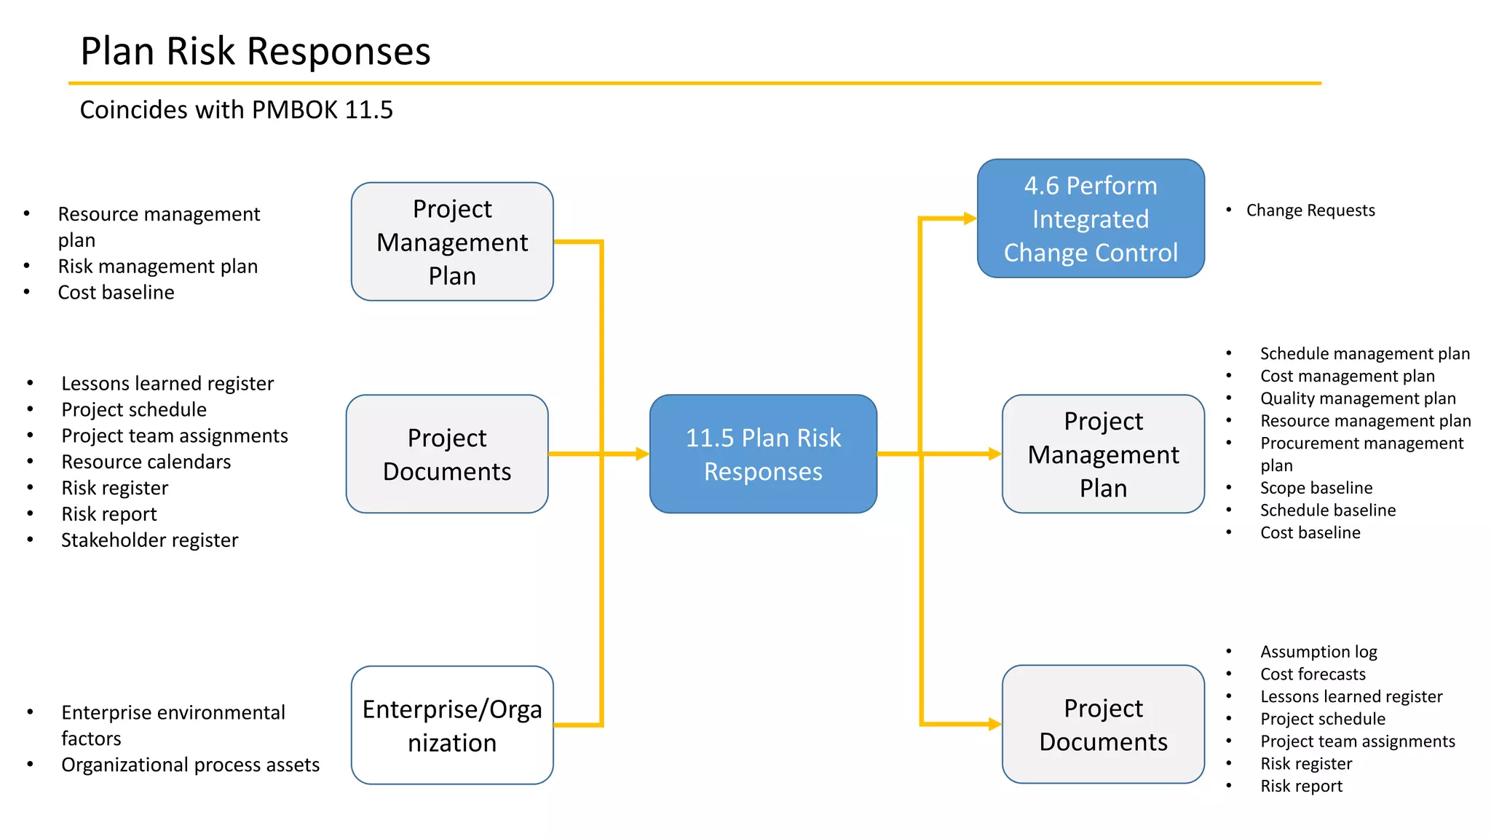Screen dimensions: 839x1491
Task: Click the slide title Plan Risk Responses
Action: tap(255, 52)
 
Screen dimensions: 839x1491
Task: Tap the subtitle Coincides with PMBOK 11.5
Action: tap(236, 110)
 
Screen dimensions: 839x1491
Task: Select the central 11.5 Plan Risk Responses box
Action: tap(763, 454)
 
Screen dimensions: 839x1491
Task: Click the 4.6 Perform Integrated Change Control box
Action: tap(1090, 218)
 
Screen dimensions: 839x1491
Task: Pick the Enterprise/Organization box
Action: tap(452, 725)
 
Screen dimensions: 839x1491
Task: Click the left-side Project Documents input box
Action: tap(447, 454)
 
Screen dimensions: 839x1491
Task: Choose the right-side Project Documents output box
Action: tap(1103, 725)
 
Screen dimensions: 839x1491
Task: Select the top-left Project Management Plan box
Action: tap(452, 242)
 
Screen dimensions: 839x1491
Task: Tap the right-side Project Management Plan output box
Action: tap(1103, 454)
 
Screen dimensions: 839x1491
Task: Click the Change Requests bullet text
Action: tap(1310, 210)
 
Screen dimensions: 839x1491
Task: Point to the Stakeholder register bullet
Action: tap(149, 540)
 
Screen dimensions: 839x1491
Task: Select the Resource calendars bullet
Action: tap(146, 462)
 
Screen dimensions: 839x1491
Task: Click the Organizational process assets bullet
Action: tap(190, 765)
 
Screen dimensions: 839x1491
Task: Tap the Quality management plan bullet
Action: tap(1358, 398)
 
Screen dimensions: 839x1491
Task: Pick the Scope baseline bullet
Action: tap(1316, 488)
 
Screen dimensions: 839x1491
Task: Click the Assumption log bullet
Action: tap(1318, 652)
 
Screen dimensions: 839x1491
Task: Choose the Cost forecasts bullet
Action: tap(1313, 674)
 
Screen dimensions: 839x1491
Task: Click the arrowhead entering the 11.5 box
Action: tap(642, 454)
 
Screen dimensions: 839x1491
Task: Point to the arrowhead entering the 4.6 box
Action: tap(970, 218)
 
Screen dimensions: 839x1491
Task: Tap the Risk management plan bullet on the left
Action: tap(157, 267)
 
